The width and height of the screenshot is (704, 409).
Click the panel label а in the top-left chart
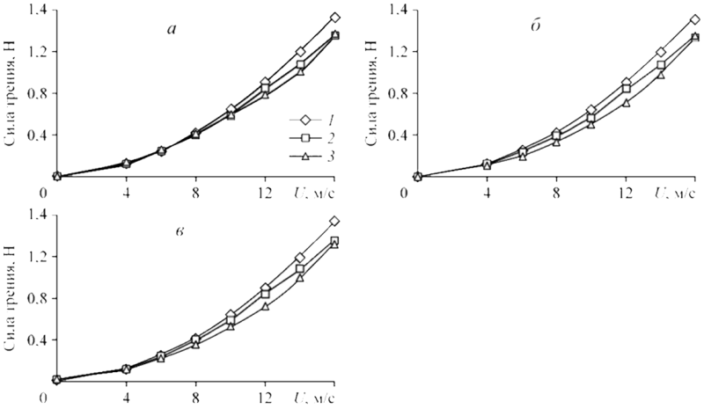click(172, 28)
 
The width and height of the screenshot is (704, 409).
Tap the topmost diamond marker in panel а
click(334, 18)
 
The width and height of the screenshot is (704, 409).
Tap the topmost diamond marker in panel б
click(695, 19)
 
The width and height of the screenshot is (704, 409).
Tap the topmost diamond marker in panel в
click(334, 221)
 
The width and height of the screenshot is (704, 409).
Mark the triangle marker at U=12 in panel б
click(627, 103)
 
